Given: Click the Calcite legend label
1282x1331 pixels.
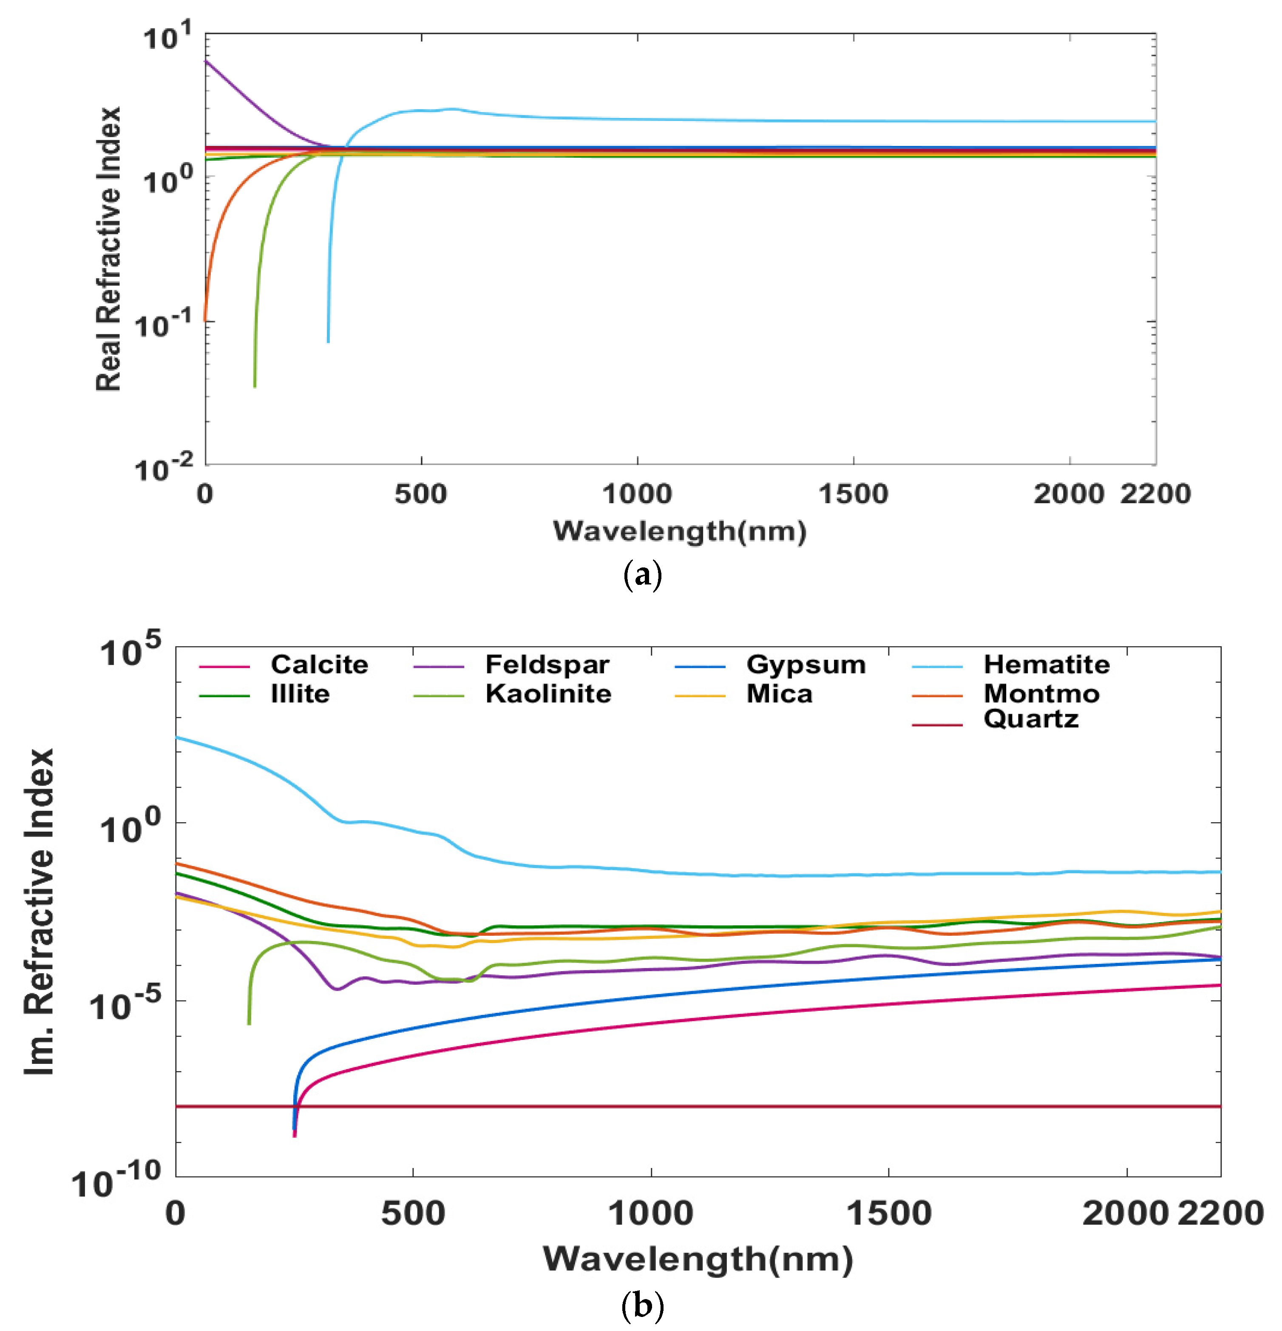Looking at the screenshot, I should pyautogui.click(x=319, y=664).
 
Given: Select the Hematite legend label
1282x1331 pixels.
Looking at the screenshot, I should pyautogui.click(x=1046, y=664).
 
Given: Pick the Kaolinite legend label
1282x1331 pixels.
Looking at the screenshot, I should pyautogui.click(x=547, y=693).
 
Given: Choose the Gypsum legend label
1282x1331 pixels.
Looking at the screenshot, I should pyautogui.click(x=806, y=664).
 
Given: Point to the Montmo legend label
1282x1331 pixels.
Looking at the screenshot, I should pyautogui.click(x=1041, y=693).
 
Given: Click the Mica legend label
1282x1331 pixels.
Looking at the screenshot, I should pyautogui.click(x=779, y=693).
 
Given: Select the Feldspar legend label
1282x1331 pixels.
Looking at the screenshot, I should pyautogui.click(x=547, y=664).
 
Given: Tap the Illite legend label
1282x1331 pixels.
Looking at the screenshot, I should pyautogui.click(x=300, y=693).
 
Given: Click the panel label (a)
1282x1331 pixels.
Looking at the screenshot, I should pyautogui.click(x=641, y=575).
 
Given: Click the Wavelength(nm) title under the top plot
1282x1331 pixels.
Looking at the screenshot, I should pyautogui.click(x=679, y=531).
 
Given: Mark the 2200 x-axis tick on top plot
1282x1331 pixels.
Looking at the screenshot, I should pyautogui.click(x=1154, y=494).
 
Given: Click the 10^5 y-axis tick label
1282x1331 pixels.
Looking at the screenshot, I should pyautogui.click(x=131, y=650).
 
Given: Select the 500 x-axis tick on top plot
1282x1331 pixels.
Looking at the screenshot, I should pyautogui.click(x=421, y=494).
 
